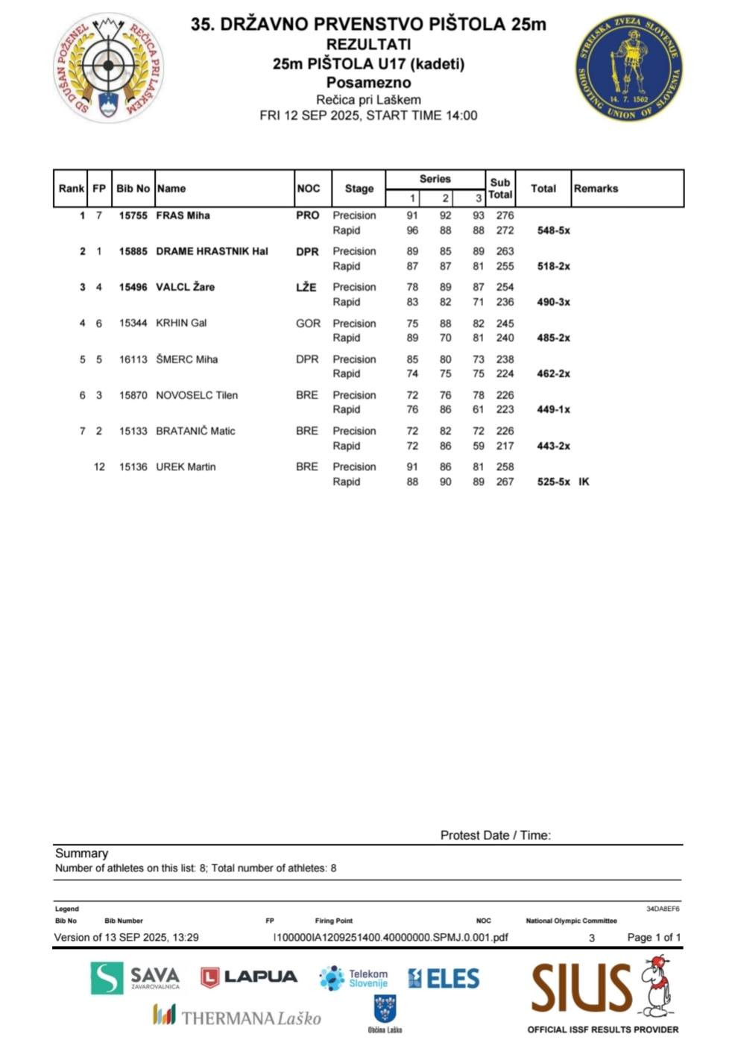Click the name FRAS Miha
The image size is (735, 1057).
(183, 215)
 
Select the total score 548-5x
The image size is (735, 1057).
(553, 230)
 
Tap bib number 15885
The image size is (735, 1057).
(133, 251)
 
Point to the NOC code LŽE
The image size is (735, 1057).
(306, 287)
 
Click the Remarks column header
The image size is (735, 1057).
(596, 189)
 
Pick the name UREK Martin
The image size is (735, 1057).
(186, 467)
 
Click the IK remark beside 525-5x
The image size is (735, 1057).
(584, 482)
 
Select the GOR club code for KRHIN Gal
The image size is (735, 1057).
(308, 323)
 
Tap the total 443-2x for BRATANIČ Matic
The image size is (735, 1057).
(553, 446)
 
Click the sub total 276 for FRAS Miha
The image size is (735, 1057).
(505, 215)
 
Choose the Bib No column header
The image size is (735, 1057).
(133, 189)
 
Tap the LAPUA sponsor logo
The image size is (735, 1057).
(249, 977)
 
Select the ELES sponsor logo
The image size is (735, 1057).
(444, 978)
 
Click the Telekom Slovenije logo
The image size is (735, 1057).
(353, 978)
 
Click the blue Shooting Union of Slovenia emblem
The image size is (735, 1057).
(629, 67)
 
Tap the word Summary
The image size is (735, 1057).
(81, 853)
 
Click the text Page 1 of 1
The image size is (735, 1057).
(654, 937)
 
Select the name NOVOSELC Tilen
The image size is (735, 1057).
(197, 395)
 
